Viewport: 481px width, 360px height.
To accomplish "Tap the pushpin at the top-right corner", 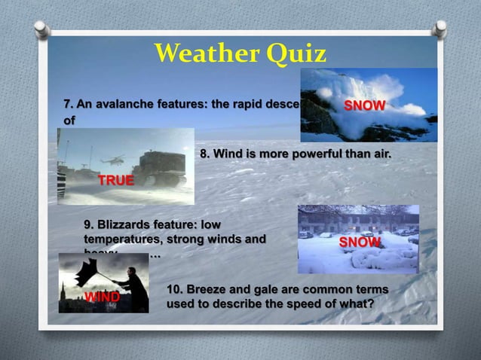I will point(440,29).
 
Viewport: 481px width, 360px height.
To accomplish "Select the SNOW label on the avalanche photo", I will point(365,105).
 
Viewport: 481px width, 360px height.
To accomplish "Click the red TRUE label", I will point(116,180).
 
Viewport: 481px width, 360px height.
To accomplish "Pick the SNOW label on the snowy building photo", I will point(360,242).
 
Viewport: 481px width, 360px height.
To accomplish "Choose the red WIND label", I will point(101,297).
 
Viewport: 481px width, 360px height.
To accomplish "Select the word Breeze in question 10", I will point(210,290).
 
